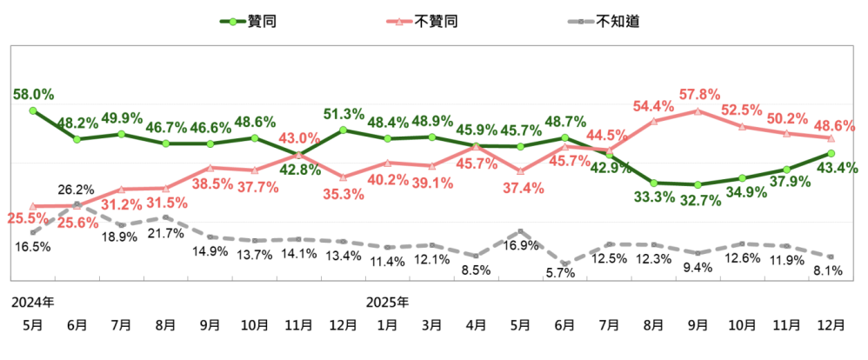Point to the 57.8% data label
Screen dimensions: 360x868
[699, 93]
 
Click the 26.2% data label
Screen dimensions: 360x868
[77, 188]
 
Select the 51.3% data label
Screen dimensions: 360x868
[344, 114]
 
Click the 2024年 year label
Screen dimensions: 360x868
[32, 303]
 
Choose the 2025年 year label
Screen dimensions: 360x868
[387, 303]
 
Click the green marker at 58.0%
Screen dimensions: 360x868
[33, 110]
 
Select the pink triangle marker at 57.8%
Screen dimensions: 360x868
[698, 111]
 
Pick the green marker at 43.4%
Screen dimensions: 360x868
[831, 153]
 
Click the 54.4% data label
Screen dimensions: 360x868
[654, 106]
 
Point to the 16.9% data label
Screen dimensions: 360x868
[520, 246]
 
